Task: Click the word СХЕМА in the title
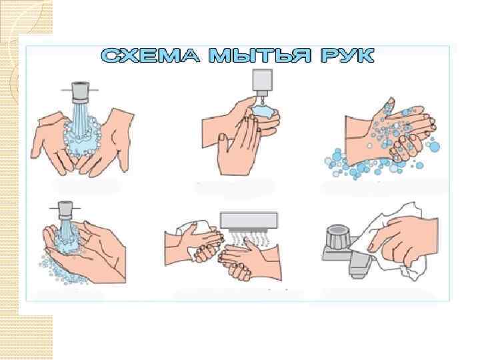[150, 55]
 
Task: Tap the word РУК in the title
[347, 55]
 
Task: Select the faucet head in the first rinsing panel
[80, 92]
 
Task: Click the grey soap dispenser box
[263, 80]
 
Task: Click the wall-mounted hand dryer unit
[249, 220]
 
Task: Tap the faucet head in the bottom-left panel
[65, 210]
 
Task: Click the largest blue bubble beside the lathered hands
[435, 147]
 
